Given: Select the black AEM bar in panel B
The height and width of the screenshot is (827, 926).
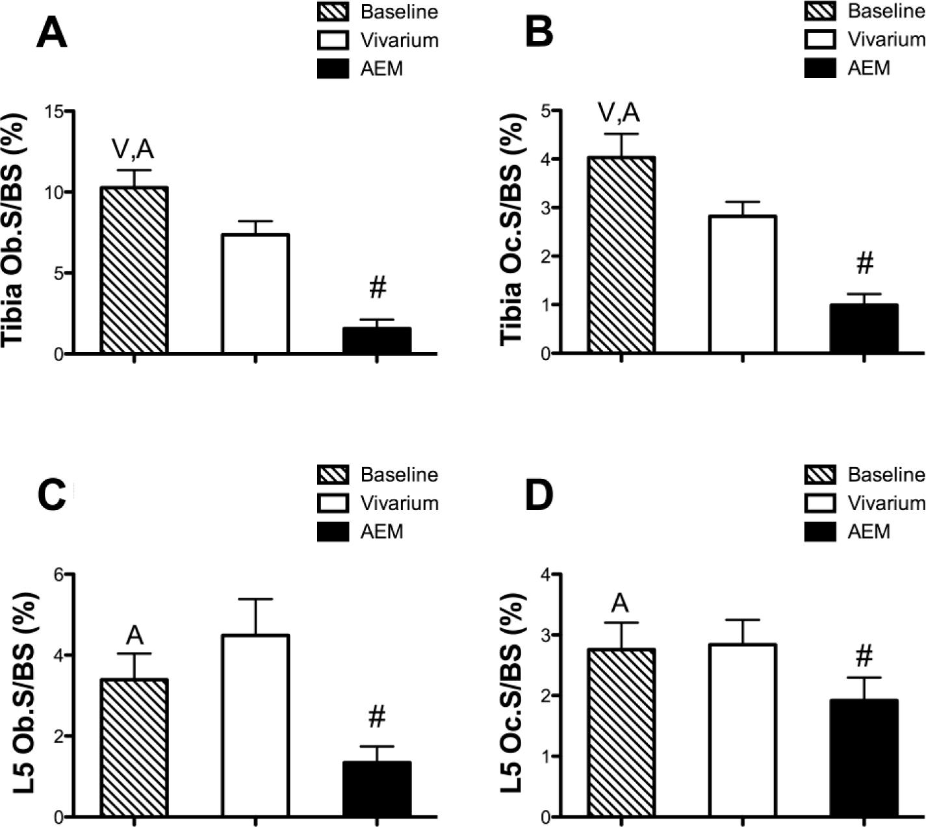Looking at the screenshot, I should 864,329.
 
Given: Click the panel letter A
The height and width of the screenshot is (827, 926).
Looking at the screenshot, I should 51,33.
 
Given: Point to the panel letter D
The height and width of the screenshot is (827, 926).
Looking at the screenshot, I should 539,496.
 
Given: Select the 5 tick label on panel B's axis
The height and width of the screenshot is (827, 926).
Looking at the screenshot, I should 545,111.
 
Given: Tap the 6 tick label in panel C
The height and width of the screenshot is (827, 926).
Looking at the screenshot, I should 58,574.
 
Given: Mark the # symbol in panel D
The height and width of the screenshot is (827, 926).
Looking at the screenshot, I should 864,657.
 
